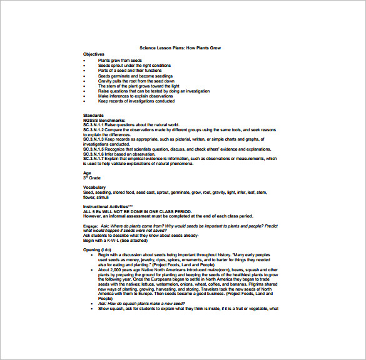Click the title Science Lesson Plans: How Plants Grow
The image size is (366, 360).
point(180,48)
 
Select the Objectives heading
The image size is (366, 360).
point(94,54)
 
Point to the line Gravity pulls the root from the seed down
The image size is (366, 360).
point(136,81)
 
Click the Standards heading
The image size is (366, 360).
point(94,115)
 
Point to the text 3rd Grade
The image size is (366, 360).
point(92,178)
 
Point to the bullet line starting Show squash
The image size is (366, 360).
point(188,309)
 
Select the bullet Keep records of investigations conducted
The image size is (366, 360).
point(136,101)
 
